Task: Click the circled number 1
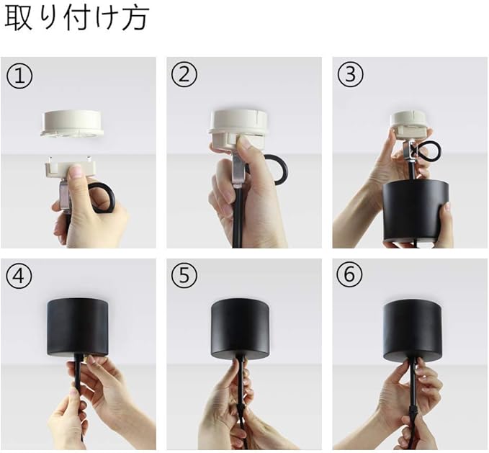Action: click(19, 76)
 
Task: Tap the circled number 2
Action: click(184, 75)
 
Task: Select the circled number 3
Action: click(351, 75)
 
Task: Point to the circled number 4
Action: click(19, 275)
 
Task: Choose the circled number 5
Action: click(184, 275)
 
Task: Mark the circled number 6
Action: click(350, 275)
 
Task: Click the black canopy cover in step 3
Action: click(416, 212)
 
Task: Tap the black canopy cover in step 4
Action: click(78, 328)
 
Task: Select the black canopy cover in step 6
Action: click(412, 331)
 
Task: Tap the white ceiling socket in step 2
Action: click(237, 130)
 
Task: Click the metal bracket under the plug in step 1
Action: click(66, 197)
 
